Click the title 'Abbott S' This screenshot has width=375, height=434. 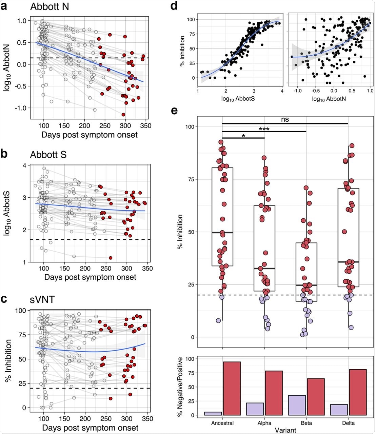click(x=48, y=155)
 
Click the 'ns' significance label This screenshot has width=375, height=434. click(x=285, y=119)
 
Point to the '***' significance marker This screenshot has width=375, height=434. click(x=264, y=129)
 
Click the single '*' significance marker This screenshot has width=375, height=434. click(x=243, y=136)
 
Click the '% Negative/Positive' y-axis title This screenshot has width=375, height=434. click(x=182, y=386)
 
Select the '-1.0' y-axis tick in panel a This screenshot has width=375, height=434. click(x=21, y=108)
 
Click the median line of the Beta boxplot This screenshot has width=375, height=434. click(x=306, y=285)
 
